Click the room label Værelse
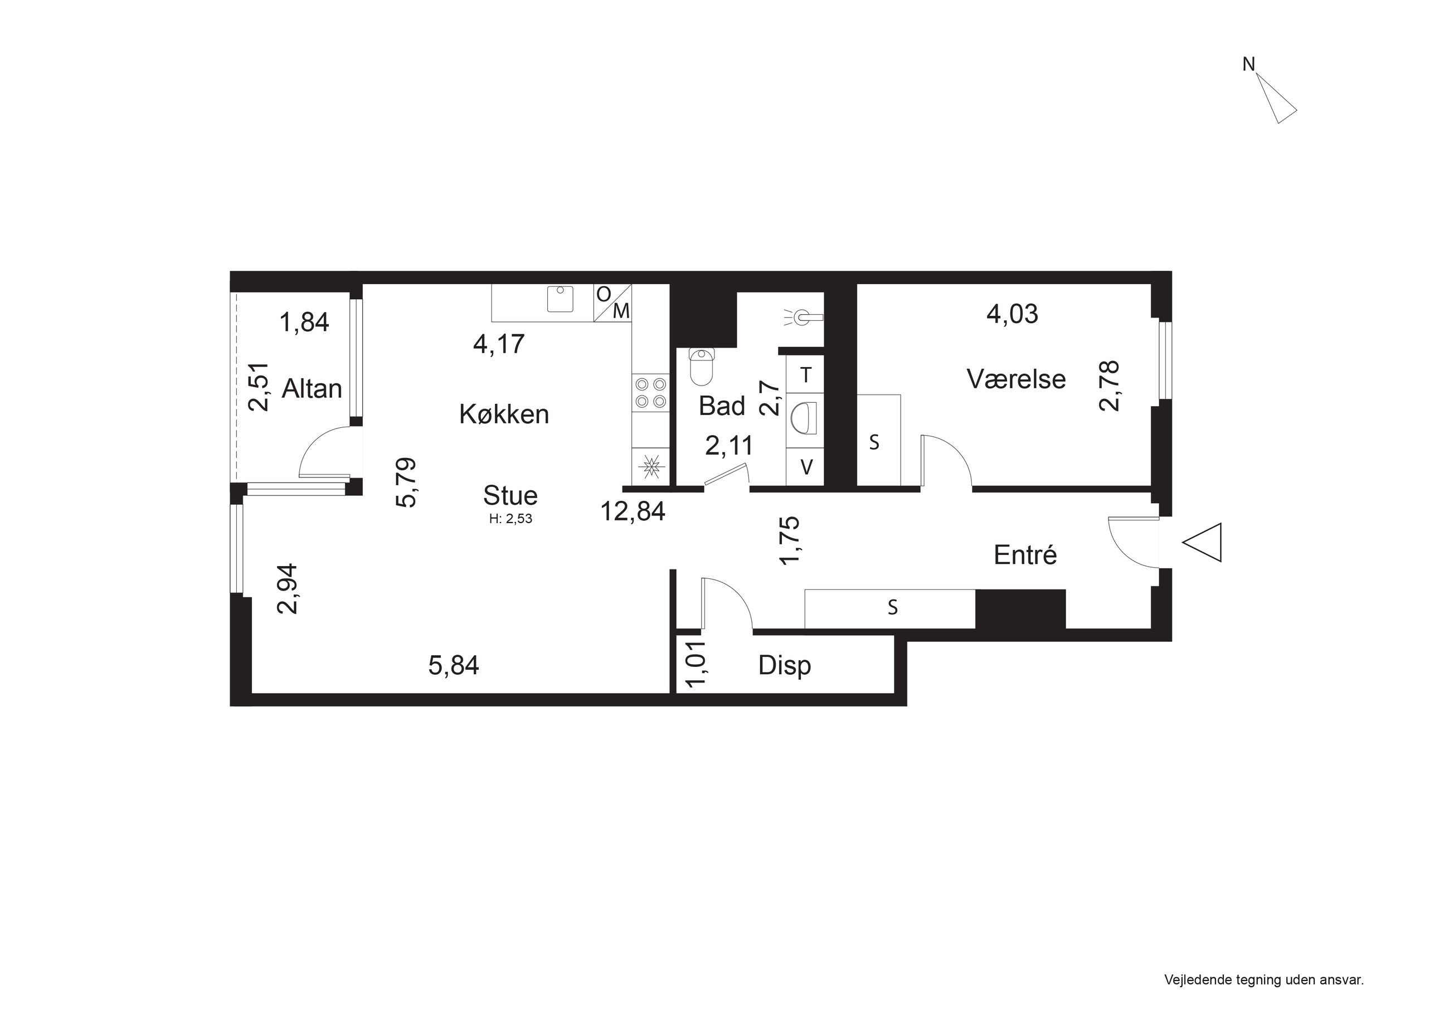[x=1016, y=378]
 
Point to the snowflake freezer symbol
[x=650, y=467]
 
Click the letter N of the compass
[x=1248, y=65]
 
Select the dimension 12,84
[x=633, y=511]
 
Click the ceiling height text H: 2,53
[x=510, y=520]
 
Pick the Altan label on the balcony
[x=312, y=389]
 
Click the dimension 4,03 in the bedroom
[x=1012, y=314]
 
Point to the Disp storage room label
[x=785, y=666]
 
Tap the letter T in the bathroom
[x=806, y=376]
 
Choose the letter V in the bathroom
[x=806, y=467]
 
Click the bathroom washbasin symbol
[x=806, y=418]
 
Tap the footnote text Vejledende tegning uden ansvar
[x=1264, y=980]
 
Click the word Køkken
[x=504, y=415]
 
